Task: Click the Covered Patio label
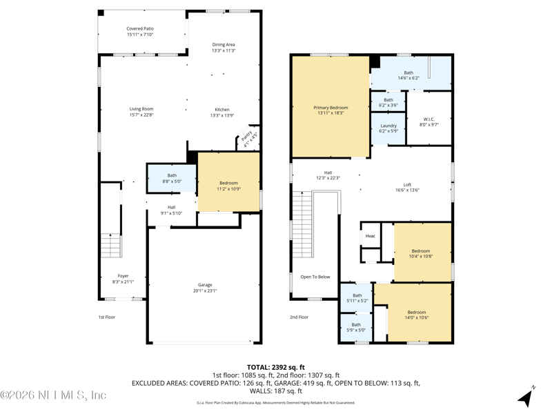point(140,28)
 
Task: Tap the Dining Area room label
point(223,45)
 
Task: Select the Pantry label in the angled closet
point(247,136)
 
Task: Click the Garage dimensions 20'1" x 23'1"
point(205,290)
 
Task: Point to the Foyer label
point(123,276)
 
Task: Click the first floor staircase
point(111,246)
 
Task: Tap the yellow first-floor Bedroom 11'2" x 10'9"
point(229,181)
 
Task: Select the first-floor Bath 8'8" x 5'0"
point(171,179)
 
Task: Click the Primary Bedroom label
point(331,108)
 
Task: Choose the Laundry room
point(388,128)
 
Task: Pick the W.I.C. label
point(428,119)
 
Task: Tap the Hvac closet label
point(370,236)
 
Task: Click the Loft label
point(407,184)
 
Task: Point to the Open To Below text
point(315,277)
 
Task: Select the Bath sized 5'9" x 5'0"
point(356,328)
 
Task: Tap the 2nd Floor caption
point(299,317)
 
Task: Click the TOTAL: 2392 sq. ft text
point(275,368)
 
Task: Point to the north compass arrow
point(526,397)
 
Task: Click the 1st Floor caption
point(107,317)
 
